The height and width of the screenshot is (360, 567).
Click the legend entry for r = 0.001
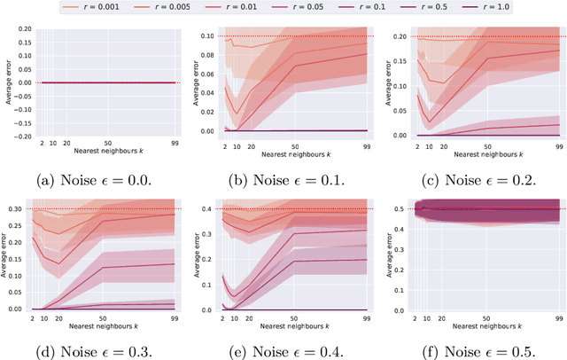point(96,6)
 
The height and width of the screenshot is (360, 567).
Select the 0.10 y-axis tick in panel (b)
point(206,36)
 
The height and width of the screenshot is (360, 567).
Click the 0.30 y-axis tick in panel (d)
point(16,209)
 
